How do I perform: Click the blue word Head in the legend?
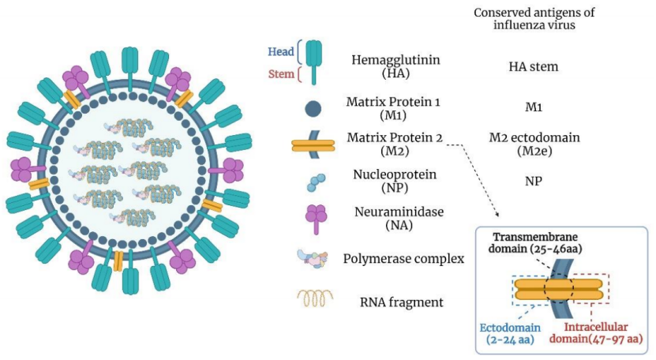(x=281, y=51)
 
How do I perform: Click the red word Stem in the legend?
(x=281, y=73)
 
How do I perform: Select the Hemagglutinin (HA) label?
(x=395, y=66)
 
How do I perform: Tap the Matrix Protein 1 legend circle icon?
(x=313, y=109)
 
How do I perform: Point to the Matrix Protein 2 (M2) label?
(x=395, y=144)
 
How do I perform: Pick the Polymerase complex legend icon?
(x=313, y=259)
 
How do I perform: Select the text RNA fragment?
(x=402, y=302)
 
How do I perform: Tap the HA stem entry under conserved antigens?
(x=534, y=66)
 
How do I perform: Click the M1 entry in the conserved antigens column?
(x=534, y=107)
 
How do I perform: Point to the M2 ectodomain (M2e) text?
(x=534, y=144)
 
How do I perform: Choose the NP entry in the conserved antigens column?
(x=534, y=181)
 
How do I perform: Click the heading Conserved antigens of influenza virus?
(x=534, y=18)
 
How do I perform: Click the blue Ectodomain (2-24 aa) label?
(x=510, y=333)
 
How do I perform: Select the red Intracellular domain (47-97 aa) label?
(x=596, y=333)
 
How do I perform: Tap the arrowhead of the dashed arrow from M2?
(x=497, y=215)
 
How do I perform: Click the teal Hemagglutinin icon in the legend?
(x=313, y=62)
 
